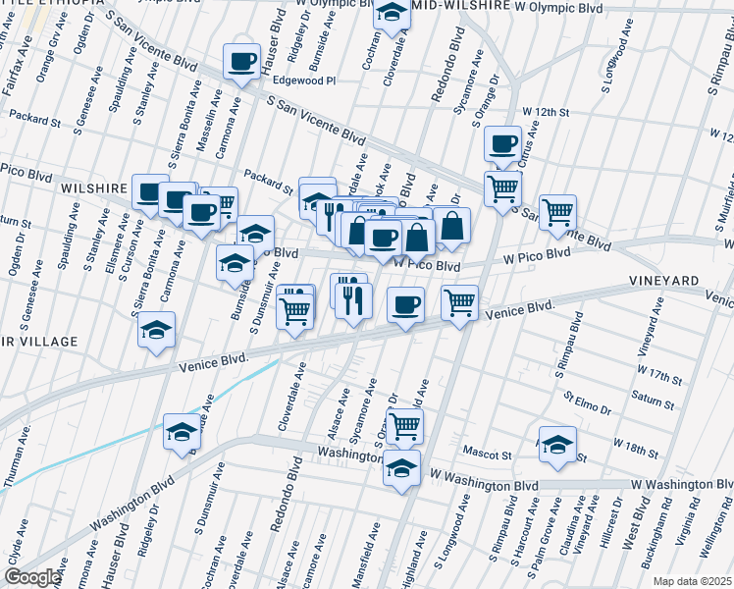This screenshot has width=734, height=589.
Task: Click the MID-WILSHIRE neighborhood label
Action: point(461,6)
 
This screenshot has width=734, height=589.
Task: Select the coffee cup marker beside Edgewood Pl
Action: point(241,62)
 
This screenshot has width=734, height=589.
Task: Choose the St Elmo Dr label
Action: point(587,403)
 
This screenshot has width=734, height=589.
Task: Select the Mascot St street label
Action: point(494,455)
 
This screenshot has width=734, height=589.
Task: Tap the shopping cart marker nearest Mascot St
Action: point(405,426)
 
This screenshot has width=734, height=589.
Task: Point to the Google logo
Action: point(32,577)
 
